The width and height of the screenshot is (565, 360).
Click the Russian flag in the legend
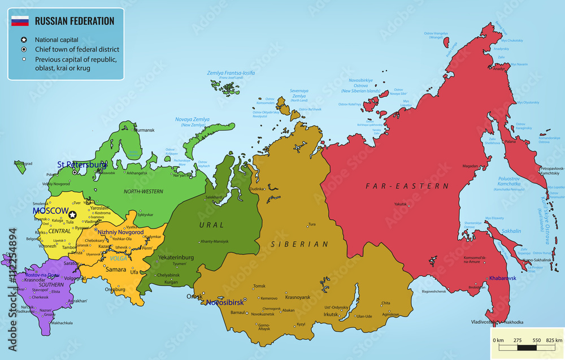20,21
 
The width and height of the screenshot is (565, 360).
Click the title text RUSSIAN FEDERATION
75,21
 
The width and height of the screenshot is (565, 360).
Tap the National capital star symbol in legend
24,40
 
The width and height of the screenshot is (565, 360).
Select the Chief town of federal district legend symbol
24,50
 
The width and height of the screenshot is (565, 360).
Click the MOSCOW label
50,210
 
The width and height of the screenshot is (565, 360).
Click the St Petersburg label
82,165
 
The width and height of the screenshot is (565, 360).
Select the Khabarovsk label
503,278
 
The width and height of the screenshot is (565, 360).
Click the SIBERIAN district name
299,244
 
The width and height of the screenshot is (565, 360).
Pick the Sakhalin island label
511,231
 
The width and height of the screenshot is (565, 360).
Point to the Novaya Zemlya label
192,119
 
